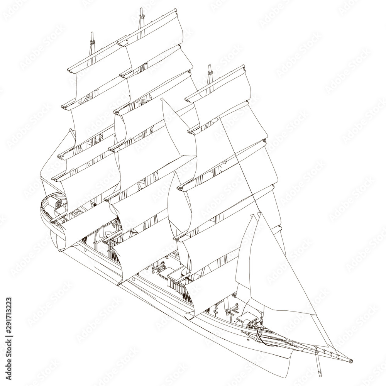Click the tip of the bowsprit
pyautogui.click(x=351, y=361)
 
